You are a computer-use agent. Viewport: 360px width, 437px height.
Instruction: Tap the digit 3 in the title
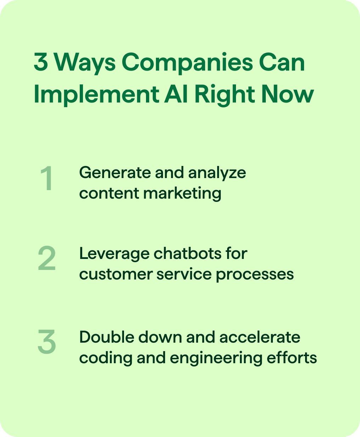41,62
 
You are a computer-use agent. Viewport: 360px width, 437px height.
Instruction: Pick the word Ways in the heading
85,63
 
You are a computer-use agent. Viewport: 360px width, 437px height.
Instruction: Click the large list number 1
47,179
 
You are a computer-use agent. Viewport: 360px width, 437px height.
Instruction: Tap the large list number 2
47,259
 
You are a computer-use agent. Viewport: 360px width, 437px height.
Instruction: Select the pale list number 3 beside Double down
47,342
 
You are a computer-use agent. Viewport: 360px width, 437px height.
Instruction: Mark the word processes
255,274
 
